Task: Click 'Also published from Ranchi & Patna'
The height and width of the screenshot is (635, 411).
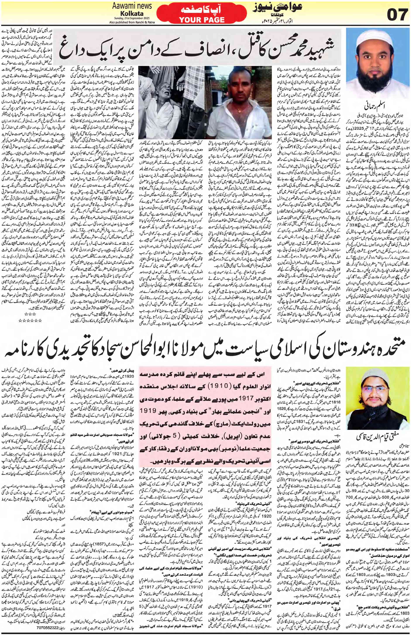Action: click(x=132, y=22)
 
